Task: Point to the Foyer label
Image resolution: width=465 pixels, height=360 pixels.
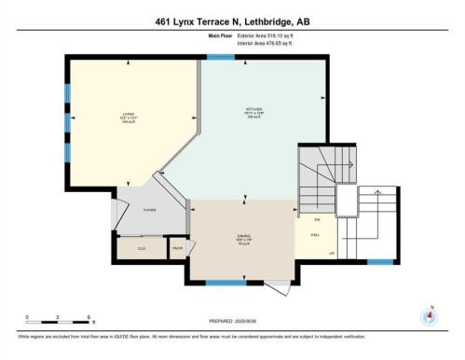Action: tap(149, 210)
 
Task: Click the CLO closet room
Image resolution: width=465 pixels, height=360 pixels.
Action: tap(142, 248)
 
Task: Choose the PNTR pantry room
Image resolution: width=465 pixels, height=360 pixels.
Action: tap(177, 248)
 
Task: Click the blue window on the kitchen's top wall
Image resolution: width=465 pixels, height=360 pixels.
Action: tap(221, 58)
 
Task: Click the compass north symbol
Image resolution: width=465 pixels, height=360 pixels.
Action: tap(429, 316)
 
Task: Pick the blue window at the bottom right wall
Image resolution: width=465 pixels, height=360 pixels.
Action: tap(379, 261)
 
